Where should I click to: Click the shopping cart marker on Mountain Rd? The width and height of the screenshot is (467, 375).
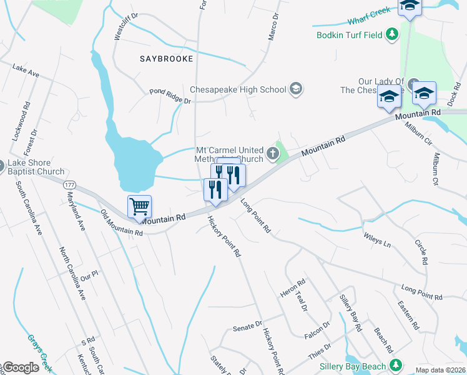(140, 206)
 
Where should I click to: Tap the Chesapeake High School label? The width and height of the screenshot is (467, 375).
(237, 89)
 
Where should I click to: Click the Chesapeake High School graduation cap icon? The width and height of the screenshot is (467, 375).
(296, 89)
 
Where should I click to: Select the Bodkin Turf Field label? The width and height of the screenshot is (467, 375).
(349, 35)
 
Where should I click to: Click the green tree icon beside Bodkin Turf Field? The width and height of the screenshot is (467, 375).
(392, 34)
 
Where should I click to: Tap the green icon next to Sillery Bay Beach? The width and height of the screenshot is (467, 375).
(395, 364)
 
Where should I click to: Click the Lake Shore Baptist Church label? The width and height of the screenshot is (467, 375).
(36, 167)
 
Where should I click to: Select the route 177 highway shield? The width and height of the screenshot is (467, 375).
(69, 185)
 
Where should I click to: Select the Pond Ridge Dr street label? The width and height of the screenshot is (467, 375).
(170, 96)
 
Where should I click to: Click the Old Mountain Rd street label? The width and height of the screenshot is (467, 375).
(122, 223)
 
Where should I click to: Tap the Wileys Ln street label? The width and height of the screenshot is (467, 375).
(376, 239)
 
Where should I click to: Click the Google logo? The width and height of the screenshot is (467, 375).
(21, 367)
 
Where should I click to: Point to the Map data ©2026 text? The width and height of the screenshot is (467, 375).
(440, 369)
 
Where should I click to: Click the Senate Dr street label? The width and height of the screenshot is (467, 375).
(248, 326)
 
